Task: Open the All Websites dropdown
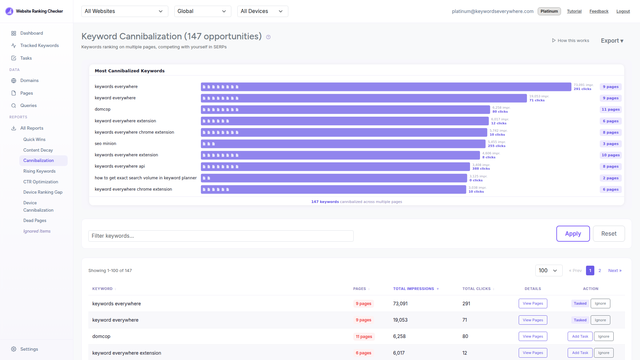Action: click(x=124, y=11)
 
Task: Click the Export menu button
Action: click(x=612, y=41)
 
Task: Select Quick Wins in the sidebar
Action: click(x=34, y=139)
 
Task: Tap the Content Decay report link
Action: click(x=38, y=150)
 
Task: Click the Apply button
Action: click(x=573, y=234)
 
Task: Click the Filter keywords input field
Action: click(x=221, y=236)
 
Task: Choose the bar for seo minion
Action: click(x=343, y=144)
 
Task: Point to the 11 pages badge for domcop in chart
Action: click(x=610, y=110)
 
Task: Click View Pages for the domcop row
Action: click(x=533, y=336)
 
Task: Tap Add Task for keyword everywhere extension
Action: click(x=580, y=353)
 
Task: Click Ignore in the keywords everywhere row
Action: click(x=600, y=304)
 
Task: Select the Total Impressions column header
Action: click(x=414, y=289)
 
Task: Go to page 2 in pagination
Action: click(x=600, y=271)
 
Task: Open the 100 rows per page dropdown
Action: click(x=548, y=271)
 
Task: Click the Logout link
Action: click(x=623, y=11)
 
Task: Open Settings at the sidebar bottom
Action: click(x=29, y=349)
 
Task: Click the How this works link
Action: click(x=570, y=41)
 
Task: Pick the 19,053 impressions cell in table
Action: click(x=400, y=320)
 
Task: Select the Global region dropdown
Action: click(x=202, y=11)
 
